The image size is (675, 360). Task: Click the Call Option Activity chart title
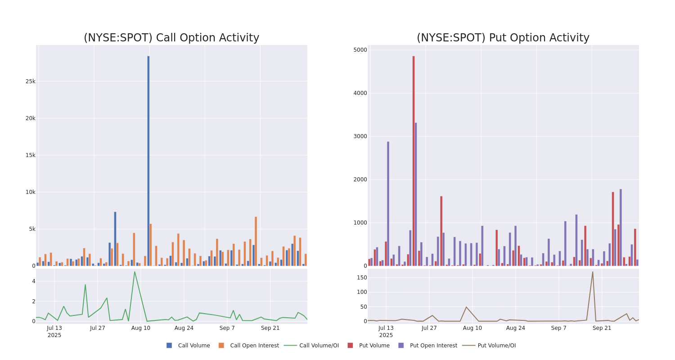[x=171, y=38]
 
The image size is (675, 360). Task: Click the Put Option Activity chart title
[x=503, y=38]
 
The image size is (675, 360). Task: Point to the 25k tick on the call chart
[x=30, y=81]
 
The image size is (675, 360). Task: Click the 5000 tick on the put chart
[x=360, y=50]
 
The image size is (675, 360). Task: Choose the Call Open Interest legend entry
[x=249, y=346]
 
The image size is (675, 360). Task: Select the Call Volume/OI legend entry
[x=312, y=346]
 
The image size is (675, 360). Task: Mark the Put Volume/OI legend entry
[x=490, y=346]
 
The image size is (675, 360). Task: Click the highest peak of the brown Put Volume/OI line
[x=593, y=272]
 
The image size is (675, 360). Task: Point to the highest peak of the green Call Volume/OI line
[x=134, y=272]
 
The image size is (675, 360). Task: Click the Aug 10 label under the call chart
[x=141, y=328]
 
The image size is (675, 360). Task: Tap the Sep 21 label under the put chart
[x=602, y=328]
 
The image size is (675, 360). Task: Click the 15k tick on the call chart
[x=30, y=155]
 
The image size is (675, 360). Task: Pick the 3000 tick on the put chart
[x=360, y=136]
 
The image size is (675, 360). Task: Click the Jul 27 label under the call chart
[x=98, y=328]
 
